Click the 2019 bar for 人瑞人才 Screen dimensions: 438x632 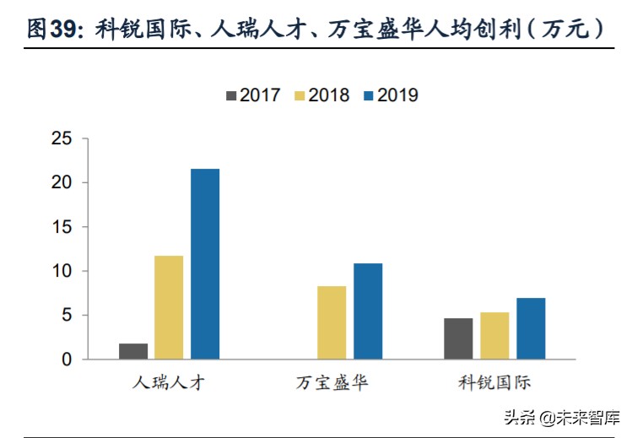click(x=205, y=264)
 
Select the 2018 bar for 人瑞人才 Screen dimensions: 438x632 click(x=169, y=307)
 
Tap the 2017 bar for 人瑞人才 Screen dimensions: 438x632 click(x=133, y=351)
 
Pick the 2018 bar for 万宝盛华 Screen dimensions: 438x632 click(x=332, y=322)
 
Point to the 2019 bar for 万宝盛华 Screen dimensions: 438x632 click(x=368, y=311)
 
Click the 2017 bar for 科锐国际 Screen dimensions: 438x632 click(x=458, y=338)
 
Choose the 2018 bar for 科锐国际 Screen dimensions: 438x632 click(x=494, y=336)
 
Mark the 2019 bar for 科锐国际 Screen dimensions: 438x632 click(x=531, y=328)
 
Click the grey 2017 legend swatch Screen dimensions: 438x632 click(x=231, y=95)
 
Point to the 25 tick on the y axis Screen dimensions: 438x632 click(x=62, y=138)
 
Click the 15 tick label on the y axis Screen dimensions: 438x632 click(x=62, y=227)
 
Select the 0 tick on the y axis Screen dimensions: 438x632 click(x=68, y=360)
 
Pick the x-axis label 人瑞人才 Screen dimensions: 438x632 click(x=169, y=382)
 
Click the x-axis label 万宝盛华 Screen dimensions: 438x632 click(x=332, y=382)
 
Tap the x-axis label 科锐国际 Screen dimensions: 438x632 click(x=494, y=382)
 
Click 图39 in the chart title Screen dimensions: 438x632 click(x=51, y=30)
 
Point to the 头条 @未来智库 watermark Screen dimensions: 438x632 click(x=561, y=417)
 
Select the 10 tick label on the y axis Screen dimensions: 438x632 click(x=62, y=271)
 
